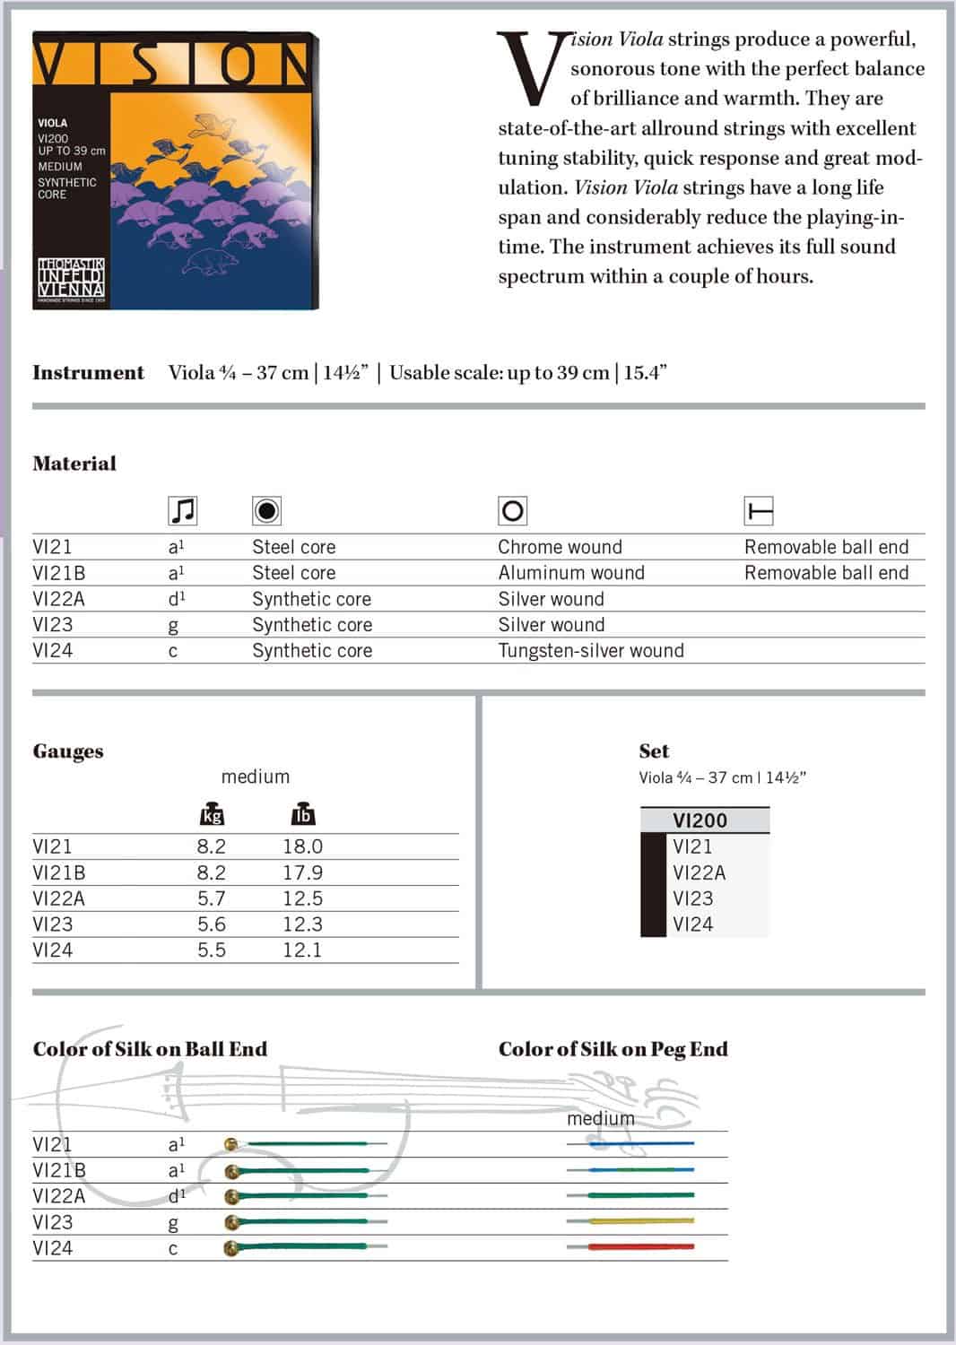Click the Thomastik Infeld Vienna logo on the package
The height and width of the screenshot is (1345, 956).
click(71, 280)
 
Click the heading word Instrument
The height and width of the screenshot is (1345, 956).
click(88, 373)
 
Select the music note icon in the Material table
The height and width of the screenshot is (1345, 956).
click(182, 511)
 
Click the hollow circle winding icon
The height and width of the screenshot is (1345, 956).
click(512, 511)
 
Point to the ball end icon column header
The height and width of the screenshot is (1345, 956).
click(759, 511)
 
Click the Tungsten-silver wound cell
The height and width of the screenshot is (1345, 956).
click(590, 651)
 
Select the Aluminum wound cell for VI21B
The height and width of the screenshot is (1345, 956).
click(570, 573)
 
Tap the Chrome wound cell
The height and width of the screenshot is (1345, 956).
click(560, 547)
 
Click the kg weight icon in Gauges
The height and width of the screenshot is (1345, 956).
click(212, 814)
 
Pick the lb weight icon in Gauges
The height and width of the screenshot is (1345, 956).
click(303, 814)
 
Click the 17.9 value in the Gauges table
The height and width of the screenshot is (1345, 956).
click(302, 872)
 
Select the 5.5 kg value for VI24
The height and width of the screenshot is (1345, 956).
click(212, 950)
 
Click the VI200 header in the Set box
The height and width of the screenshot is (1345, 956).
click(700, 820)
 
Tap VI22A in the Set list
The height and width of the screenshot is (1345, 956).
click(699, 872)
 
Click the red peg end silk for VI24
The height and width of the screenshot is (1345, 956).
click(640, 1246)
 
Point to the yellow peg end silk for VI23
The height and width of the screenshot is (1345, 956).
click(640, 1220)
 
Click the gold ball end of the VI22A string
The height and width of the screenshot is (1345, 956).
click(232, 1196)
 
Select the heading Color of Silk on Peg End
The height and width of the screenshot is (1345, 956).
click(613, 1049)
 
